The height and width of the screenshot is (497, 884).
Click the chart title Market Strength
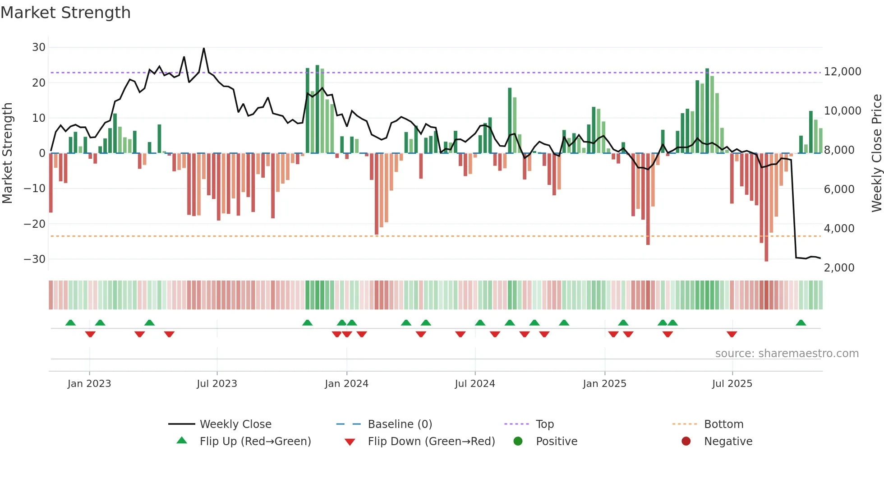[x=65, y=13]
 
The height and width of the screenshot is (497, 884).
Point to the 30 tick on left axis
[x=39, y=47]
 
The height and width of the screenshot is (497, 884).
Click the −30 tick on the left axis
[x=35, y=259]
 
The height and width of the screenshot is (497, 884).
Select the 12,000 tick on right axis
[x=842, y=72]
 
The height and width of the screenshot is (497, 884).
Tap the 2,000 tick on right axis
[x=839, y=268]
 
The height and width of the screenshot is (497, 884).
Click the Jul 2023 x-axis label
[x=216, y=384]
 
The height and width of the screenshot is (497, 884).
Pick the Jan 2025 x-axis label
[x=604, y=384]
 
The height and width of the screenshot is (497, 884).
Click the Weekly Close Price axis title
[x=876, y=153]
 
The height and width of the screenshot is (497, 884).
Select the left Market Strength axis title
[x=8, y=153]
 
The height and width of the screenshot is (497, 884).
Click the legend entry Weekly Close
[x=235, y=424]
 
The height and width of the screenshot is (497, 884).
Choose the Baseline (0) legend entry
[x=400, y=424]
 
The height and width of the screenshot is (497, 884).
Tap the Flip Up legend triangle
[x=182, y=441]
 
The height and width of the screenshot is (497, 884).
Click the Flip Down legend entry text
[x=431, y=442]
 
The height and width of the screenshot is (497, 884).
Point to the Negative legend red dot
[x=686, y=442]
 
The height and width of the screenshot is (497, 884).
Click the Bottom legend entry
[x=723, y=424]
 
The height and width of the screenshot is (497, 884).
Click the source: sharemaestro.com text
[x=787, y=354]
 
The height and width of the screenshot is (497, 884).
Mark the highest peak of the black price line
[x=204, y=49]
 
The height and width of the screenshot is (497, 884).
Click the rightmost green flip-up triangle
[x=801, y=323]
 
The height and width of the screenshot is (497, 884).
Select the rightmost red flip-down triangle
[x=732, y=334]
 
